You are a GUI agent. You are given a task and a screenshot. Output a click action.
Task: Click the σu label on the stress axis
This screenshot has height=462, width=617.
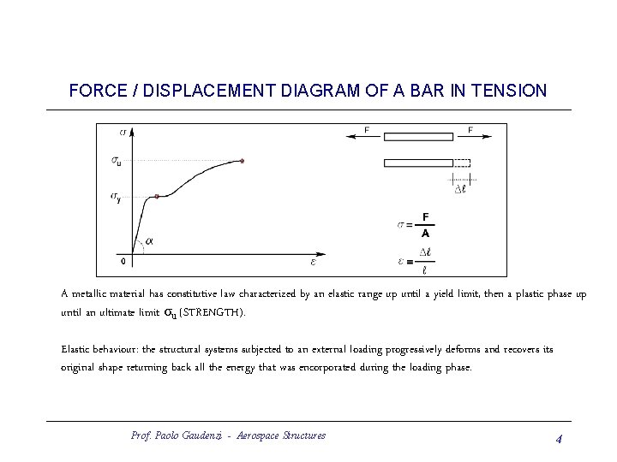pyautogui.click(x=116, y=160)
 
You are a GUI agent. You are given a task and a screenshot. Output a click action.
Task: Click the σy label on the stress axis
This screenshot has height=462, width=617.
pyautogui.click(x=116, y=197)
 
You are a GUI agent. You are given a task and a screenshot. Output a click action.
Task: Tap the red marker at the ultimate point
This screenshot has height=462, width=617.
pyautogui.click(x=243, y=160)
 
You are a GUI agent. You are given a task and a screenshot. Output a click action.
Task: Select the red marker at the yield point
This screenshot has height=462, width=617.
pyautogui.click(x=156, y=197)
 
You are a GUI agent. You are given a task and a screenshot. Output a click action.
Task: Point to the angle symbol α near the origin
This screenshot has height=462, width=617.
pyautogui.click(x=150, y=242)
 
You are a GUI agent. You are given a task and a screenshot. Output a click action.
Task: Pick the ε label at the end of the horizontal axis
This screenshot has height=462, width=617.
pyautogui.click(x=313, y=261)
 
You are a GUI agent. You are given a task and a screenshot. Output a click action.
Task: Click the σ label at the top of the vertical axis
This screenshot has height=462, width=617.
pyautogui.click(x=123, y=132)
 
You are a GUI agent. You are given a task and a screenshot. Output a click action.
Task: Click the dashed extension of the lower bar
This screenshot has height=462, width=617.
pyautogui.click(x=462, y=163)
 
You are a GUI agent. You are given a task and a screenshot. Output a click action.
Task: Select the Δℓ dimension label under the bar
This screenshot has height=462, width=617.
pyautogui.click(x=460, y=188)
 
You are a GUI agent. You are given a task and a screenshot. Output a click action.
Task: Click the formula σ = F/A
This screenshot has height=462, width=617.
pyautogui.click(x=416, y=224)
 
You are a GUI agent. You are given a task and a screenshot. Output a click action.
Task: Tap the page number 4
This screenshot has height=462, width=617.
pyautogui.click(x=558, y=439)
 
